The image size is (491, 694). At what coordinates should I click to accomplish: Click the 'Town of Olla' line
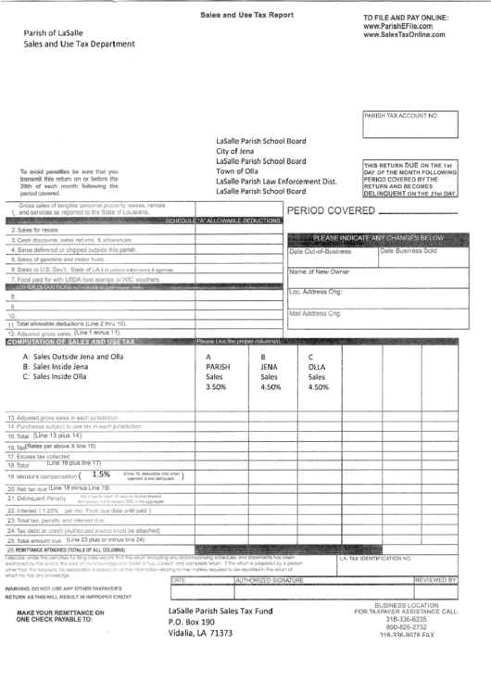coord(237,170)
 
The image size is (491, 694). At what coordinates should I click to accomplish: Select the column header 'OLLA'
coord(317,367)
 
